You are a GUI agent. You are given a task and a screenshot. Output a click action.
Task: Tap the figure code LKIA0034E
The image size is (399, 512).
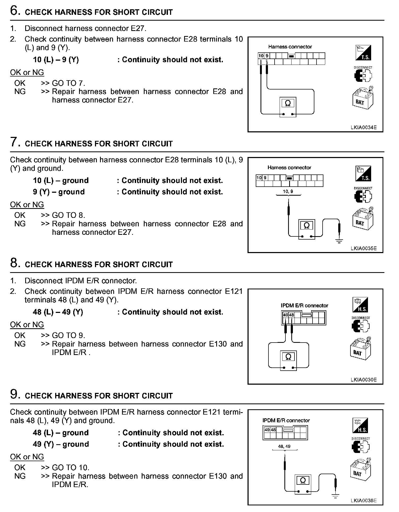pos(363,127)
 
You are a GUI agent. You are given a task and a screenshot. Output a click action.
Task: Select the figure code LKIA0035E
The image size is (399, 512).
pos(363,248)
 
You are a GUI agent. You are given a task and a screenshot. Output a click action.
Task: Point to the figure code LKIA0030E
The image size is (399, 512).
pos(363,380)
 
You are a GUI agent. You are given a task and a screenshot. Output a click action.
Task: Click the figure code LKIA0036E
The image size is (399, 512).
pos(363,501)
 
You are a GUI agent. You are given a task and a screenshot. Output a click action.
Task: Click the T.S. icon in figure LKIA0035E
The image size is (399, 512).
pos(363,174)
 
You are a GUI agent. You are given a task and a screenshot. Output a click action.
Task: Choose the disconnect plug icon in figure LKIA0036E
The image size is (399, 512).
pos(361,447)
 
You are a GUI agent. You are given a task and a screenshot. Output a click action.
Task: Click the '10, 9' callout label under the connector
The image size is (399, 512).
pos(288,191)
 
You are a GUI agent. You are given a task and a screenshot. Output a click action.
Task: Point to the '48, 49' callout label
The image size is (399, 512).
pos(284,446)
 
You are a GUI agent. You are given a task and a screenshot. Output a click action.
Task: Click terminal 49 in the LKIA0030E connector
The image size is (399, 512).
pos(285,315)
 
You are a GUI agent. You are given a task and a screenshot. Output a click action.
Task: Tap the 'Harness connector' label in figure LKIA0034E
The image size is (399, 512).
pos(290,47)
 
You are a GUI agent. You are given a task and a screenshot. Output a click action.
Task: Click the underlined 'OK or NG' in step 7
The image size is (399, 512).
pos(27,205)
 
